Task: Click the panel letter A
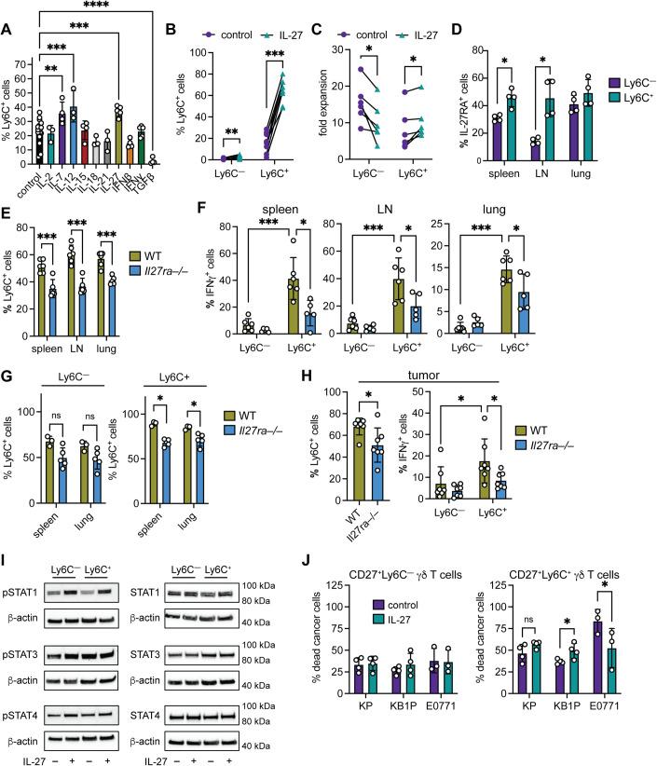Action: click(7, 8)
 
